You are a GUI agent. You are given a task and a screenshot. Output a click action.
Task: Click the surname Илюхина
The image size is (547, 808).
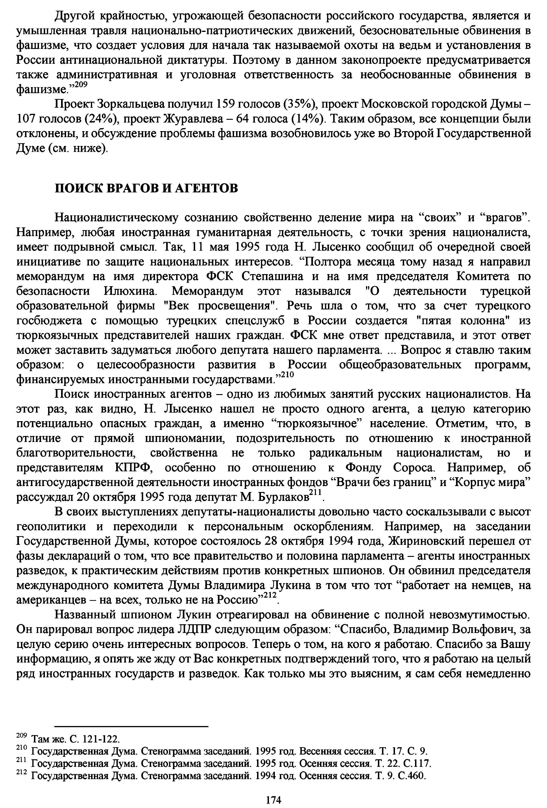[x=129, y=291]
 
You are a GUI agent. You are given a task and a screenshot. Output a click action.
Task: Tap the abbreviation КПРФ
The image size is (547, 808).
[x=134, y=468]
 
